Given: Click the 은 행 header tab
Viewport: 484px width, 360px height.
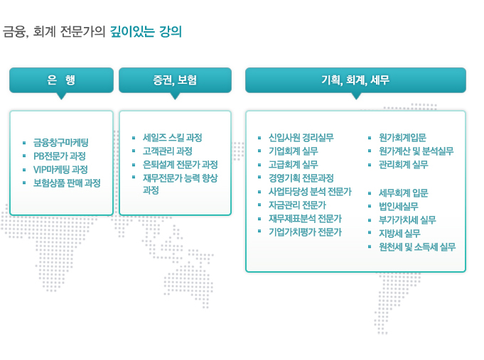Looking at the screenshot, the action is (x=61, y=80).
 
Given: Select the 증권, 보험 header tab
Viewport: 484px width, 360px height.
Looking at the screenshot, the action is (x=175, y=80).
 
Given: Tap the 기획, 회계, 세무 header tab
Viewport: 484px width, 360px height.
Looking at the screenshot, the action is (x=355, y=80).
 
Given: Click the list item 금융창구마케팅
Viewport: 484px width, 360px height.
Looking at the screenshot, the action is (x=61, y=143).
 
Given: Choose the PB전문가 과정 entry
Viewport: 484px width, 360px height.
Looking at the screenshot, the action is (x=60, y=156).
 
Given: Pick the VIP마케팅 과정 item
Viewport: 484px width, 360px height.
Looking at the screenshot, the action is (x=60, y=170).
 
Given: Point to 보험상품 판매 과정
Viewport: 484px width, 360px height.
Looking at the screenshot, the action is (x=67, y=183).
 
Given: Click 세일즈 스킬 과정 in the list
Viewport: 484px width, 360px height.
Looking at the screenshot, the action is (x=173, y=138).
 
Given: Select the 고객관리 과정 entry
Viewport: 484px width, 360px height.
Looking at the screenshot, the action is (x=168, y=151).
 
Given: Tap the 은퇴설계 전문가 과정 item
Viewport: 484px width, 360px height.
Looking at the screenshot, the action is (x=181, y=165).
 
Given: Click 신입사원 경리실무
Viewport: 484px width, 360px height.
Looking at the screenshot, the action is (x=301, y=138).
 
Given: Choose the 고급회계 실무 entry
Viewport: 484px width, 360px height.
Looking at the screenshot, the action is (x=294, y=165).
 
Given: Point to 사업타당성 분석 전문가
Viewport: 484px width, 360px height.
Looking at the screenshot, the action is (x=310, y=192).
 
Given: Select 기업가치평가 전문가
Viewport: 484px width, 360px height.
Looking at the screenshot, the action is (x=306, y=232).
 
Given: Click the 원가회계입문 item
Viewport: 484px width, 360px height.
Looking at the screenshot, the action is (x=402, y=138).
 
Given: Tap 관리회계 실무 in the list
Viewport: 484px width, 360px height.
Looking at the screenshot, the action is (x=404, y=165).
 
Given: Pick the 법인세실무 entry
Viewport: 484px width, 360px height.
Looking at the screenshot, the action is (x=399, y=207).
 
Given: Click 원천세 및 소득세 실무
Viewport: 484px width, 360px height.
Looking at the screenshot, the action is (x=417, y=247).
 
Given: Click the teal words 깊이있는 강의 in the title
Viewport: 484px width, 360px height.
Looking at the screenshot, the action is (x=146, y=32).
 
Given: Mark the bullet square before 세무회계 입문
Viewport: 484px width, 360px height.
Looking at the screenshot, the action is (x=370, y=194).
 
